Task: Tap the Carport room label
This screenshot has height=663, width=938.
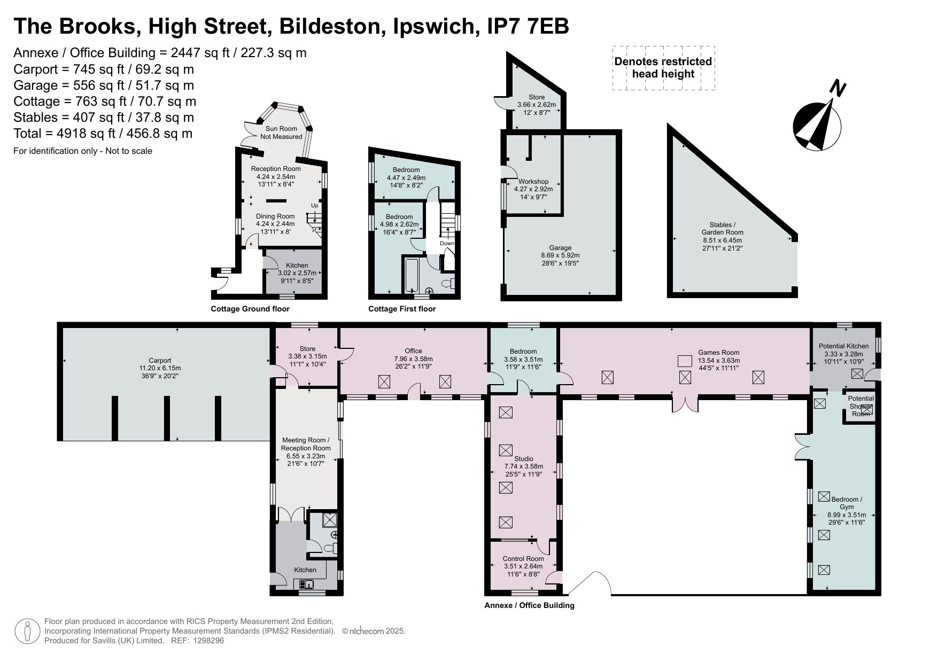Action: [160, 368]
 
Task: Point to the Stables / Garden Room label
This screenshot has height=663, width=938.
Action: [722, 236]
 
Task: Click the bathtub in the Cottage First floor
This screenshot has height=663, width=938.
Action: [412, 275]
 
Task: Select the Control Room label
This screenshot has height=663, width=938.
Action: [523, 566]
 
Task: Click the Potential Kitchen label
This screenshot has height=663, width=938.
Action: [843, 354]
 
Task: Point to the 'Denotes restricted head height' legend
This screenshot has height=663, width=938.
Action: [663, 68]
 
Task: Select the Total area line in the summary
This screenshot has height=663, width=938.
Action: [103, 134]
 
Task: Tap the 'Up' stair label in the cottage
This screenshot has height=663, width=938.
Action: [314, 206]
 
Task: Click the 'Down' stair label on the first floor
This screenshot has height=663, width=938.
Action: [447, 244]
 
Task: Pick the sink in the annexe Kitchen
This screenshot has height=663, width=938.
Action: [307, 584]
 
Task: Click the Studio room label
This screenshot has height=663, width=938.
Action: [524, 466]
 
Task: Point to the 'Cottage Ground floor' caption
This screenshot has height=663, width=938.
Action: [250, 309]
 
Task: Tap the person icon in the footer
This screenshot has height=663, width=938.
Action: [27, 631]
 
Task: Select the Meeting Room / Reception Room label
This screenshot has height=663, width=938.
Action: [306, 452]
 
